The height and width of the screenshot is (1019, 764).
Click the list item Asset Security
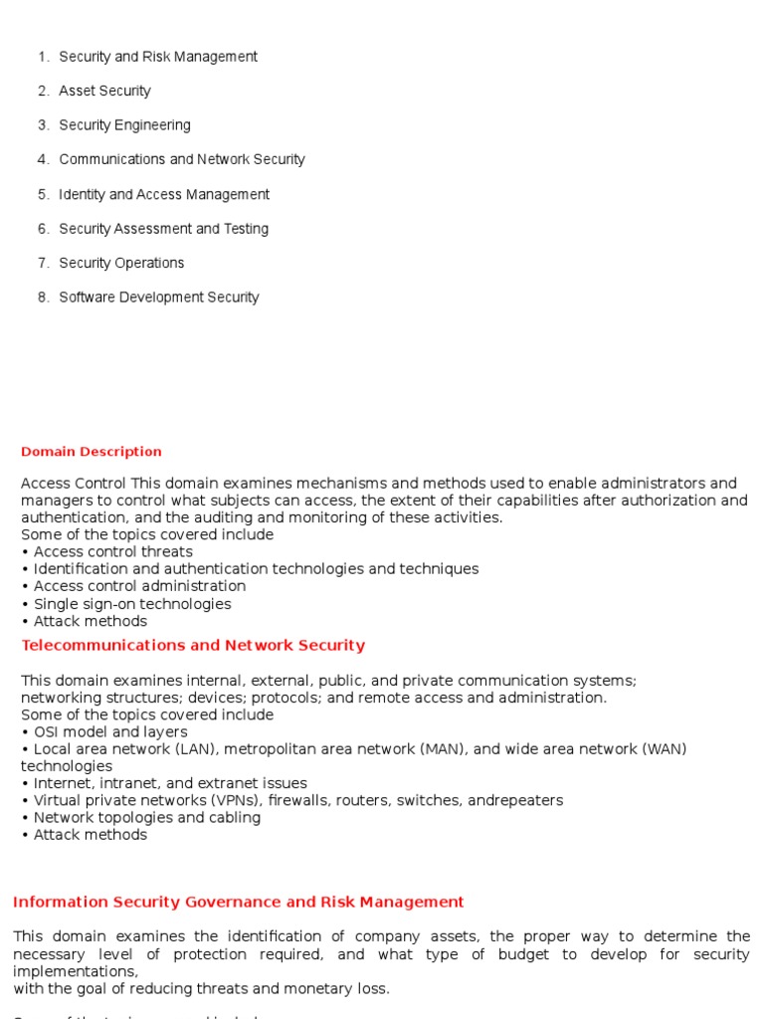coord(104,91)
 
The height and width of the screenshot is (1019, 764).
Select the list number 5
coord(44,194)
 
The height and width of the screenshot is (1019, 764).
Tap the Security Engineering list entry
coord(124,125)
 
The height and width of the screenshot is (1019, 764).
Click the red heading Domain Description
coord(92,452)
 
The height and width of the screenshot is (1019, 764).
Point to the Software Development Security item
coord(158,297)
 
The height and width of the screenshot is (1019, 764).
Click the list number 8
coord(44,297)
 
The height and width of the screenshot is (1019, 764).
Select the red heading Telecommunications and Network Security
coord(193,645)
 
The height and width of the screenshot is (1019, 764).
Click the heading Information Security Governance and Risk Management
coord(238,902)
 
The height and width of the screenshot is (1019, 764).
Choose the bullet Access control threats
coord(112,551)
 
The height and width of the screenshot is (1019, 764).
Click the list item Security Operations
coord(121,263)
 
